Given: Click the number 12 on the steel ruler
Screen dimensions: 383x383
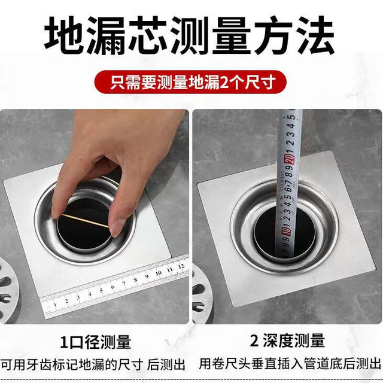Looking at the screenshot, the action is click(x=181, y=266).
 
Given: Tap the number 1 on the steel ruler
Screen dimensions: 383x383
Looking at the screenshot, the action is click(x=55, y=305).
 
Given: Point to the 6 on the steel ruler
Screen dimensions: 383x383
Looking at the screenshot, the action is click(x=113, y=287).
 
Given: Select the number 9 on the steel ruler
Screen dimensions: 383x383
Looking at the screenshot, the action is click(x=147, y=276).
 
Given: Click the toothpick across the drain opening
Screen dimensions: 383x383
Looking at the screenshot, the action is click(x=85, y=221).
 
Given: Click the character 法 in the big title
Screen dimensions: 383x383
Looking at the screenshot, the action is click(x=315, y=35).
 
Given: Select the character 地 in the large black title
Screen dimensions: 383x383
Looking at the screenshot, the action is click(x=65, y=35).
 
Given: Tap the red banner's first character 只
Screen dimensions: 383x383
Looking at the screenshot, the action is click(x=118, y=83).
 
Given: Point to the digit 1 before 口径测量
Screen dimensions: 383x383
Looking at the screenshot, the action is click(x=64, y=342).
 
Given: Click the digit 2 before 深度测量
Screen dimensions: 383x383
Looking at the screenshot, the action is click(x=254, y=341).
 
